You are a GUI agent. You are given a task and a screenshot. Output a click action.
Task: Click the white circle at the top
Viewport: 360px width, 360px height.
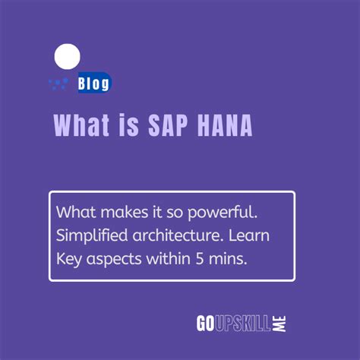[68, 56]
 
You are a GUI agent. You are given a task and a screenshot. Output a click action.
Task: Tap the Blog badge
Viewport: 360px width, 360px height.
[93, 83]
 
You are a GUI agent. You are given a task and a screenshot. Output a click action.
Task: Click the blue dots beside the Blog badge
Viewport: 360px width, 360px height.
[58, 83]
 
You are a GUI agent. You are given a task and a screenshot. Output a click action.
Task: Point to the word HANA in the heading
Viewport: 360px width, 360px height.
[226, 125]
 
